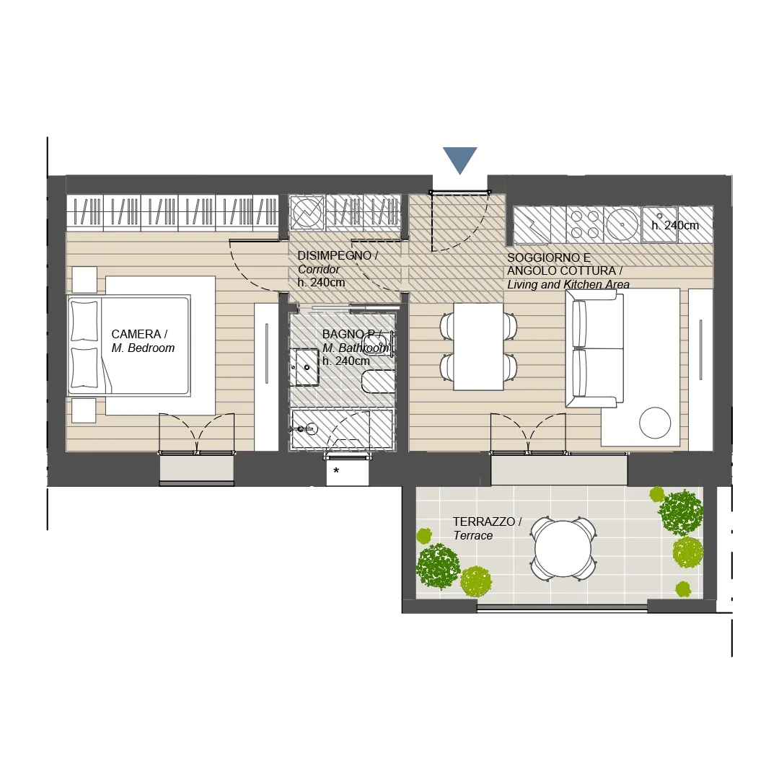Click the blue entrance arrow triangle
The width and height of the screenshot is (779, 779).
tap(460, 159)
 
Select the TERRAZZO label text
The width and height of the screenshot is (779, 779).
tap(483, 521)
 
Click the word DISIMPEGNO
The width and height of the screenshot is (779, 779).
tap(335, 256)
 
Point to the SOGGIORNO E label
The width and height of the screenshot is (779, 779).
tap(549, 258)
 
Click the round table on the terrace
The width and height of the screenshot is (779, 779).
tap(563, 548)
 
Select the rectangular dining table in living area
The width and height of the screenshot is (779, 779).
tap(478, 346)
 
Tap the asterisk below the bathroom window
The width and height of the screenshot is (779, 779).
tap(336, 470)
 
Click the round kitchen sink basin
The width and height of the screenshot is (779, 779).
tap(622, 224)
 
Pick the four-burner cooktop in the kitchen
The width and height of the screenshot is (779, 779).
tap(585, 224)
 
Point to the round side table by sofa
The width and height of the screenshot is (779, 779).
tap(655, 423)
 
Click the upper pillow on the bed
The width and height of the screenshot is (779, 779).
tap(84, 321)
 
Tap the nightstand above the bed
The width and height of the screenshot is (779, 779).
tap(84, 280)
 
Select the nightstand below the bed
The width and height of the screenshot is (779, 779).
tap(84, 410)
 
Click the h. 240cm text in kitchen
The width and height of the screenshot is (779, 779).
tap(675, 226)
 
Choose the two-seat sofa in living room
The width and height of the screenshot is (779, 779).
tap(594, 349)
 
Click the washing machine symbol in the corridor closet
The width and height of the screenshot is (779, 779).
tap(307, 213)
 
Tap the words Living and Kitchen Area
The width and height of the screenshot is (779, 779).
tap(568, 285)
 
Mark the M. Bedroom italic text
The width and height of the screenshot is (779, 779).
tap(143, 348)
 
